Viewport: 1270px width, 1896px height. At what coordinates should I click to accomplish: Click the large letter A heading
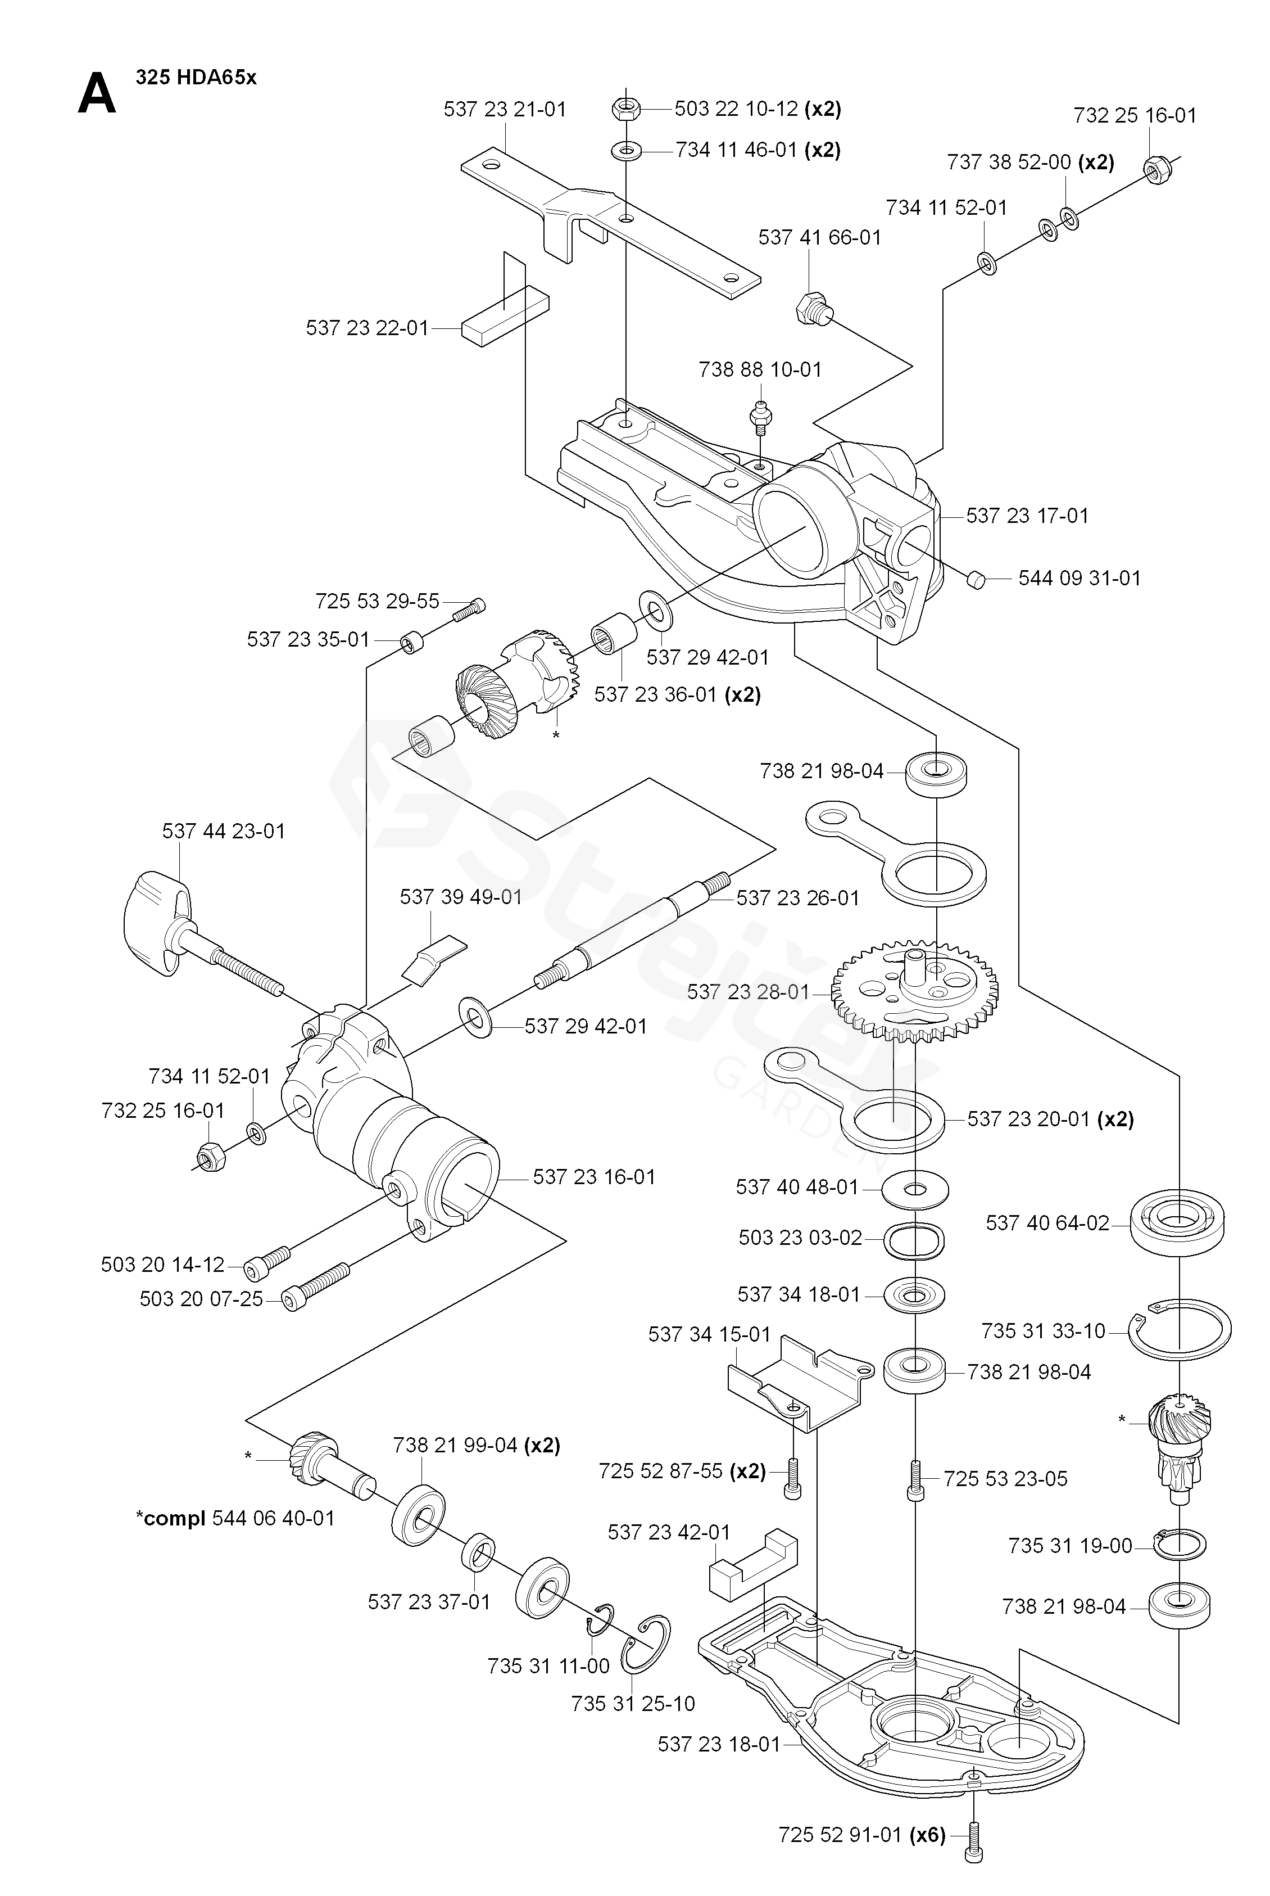click(97, 94)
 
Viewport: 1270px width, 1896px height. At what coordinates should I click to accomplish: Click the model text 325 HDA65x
click(196, 78)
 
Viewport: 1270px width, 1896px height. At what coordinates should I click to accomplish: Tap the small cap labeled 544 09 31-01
click(977, 579)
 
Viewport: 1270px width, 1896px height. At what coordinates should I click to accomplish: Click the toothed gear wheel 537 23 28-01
click(915, 990)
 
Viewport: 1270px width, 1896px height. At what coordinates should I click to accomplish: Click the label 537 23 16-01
click(593, 1176)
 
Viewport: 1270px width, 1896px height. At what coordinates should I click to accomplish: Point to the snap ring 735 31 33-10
click(1180, 1330)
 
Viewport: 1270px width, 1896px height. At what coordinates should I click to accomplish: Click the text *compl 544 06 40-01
click(235, 1518)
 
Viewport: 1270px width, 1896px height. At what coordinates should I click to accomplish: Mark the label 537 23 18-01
click(718, 1744)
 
